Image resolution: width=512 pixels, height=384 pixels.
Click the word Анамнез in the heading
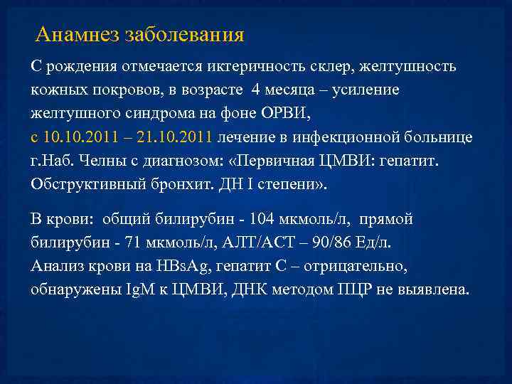[77, 34]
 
